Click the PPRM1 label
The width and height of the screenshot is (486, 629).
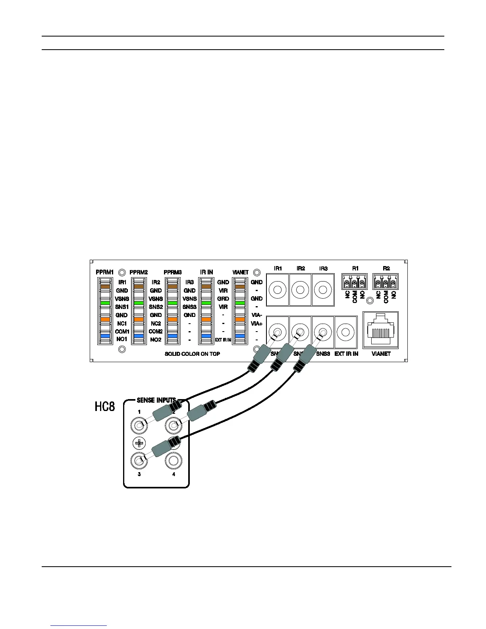coord(105,272)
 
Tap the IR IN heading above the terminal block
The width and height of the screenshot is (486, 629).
coord(206,272)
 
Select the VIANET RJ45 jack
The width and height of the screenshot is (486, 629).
coord(381,331)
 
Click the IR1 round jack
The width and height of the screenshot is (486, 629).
coord(278,289)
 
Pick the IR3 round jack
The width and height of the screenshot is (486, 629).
coord(323,289)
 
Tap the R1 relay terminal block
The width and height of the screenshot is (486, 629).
coord(354,282)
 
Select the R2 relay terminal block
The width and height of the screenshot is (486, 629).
coord(386,282)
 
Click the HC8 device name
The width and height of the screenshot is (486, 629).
coord(105,407)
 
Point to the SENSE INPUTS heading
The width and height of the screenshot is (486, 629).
coord(156,400)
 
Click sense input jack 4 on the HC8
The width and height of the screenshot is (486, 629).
coord(174,460)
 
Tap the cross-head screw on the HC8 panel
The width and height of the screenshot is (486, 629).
coord(139,443)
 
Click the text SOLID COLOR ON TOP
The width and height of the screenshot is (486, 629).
coord(192,354)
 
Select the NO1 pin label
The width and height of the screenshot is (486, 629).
coord(122,340)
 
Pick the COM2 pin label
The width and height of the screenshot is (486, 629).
coord(156,331)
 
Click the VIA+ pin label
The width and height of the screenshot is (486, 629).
coord(257,323)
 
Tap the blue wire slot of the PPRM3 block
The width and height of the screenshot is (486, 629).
coord(172,336)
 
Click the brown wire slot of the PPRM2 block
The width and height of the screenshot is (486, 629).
coord(139,286)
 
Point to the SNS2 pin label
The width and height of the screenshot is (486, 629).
coord(156,307)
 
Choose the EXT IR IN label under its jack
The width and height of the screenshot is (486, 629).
coord(346,354)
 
